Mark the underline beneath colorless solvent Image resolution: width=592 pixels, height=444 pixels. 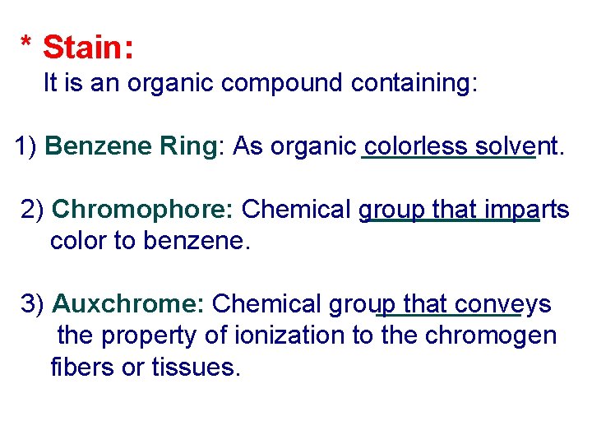(448, 160)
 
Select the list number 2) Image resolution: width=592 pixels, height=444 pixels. (34, 210)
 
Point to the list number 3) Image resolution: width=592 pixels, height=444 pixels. (34, 304)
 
